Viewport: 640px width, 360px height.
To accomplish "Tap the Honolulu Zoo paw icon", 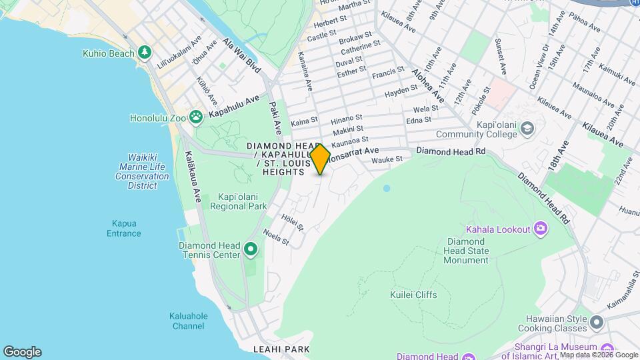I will [195, 118].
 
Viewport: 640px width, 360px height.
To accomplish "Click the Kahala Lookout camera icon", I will [540, 229].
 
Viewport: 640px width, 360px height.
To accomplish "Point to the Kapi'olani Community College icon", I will [528, 127].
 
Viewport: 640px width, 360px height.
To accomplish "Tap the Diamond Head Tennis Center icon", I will [251, 250].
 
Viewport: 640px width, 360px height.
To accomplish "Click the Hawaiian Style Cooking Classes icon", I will [596, 323].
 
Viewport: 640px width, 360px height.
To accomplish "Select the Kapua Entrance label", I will [124, 228].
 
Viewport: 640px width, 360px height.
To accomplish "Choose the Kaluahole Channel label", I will [189, 321].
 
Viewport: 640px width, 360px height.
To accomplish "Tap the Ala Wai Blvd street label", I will [242, 55].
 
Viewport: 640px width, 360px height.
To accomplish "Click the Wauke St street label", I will [387, 159].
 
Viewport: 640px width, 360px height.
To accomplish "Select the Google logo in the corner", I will [22, 352].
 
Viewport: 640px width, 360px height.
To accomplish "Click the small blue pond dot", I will [387, 189].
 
